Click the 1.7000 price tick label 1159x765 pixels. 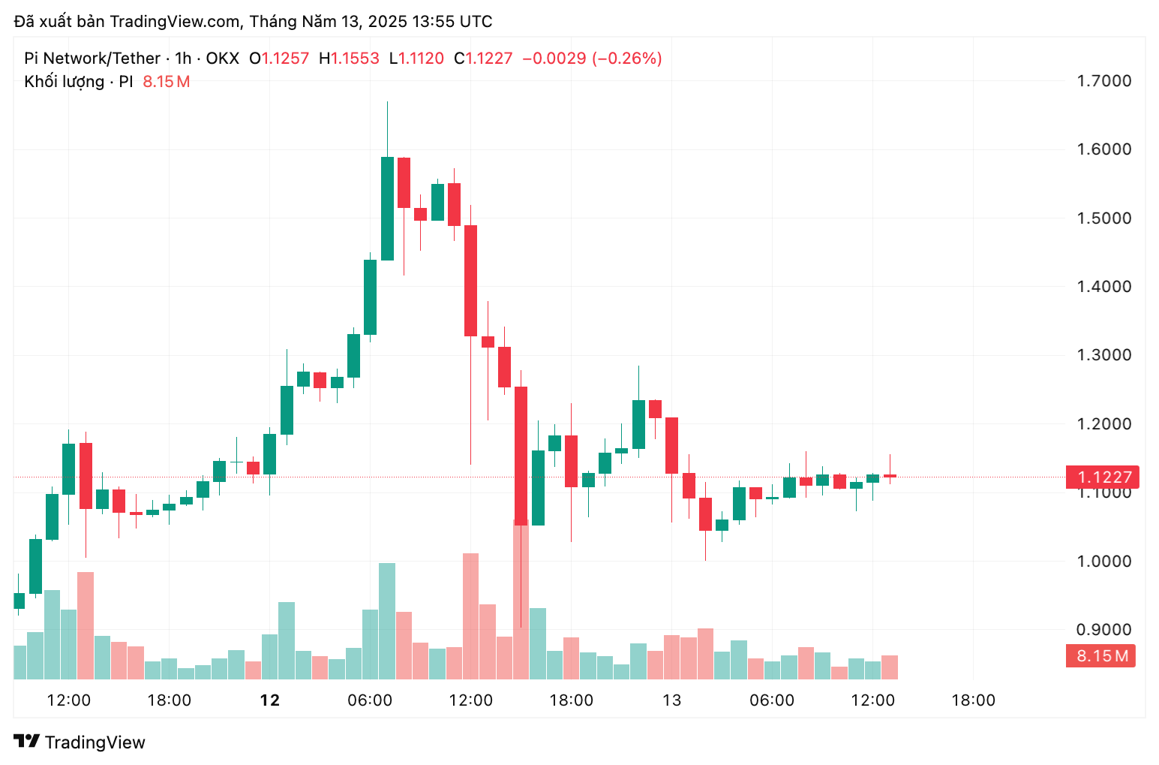click(1103, 81)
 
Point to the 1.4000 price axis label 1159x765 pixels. click(1103, 286)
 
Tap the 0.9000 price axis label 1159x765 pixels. click(1103, 629)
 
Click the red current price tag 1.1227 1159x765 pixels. click(1102, 477)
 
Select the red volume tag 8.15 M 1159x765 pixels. click(1100, 655)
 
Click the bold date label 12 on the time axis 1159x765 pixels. click(269, 700)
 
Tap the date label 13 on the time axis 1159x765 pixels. click(671, 700)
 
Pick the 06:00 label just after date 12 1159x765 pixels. click(370, 700)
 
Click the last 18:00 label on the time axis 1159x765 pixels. click(973, 700)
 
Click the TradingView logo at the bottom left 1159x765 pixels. click(80, 742)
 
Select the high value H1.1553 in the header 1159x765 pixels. click(349, 59)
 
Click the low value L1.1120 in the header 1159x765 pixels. click(416, 59)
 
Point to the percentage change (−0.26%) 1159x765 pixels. click(627, 59)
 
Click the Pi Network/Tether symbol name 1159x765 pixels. click(92, 59)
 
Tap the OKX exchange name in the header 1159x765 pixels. click(223, 59)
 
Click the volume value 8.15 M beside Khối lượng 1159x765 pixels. click(166, 81)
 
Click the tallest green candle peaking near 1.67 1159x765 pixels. click(387, 208)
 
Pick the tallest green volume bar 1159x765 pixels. click(387, 621)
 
